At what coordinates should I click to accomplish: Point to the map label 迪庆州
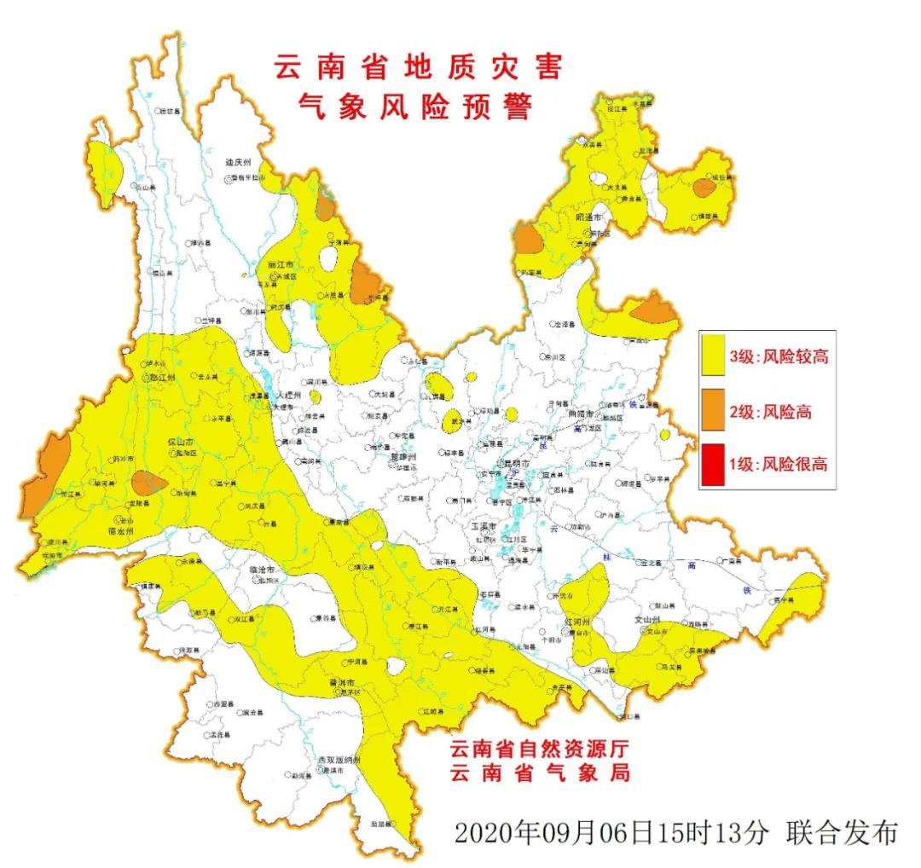click(237, 162)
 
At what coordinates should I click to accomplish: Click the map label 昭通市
click(588, 218)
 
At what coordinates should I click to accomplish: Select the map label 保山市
click(180, 443)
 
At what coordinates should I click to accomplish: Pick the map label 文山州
click(649, 620)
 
